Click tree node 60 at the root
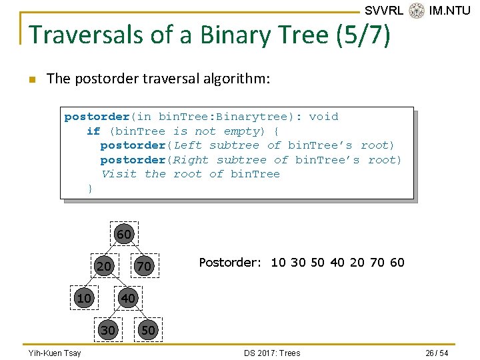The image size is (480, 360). click(x=124, y=234)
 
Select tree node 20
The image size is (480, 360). click(x=104, y=267)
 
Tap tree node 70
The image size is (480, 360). click(x=144, y=267)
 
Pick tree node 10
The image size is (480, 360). click(x=84, y=297)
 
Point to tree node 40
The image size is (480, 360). click(x=127, y=297)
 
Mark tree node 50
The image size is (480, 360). click(x=148, y=330)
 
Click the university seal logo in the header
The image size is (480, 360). click(x=417, y=11)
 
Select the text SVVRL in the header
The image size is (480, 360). click(x=383, y=11)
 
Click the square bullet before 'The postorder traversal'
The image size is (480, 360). click(x=31, y=79)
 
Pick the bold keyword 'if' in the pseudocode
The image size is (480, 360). click(x=93, y=131)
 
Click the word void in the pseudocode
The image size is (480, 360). click(x=324, y=117)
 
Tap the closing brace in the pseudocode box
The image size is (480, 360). click(x=91, y=189)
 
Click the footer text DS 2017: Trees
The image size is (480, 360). click(x=272, y=353)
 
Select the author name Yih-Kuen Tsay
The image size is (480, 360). click(x=54, y=353)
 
